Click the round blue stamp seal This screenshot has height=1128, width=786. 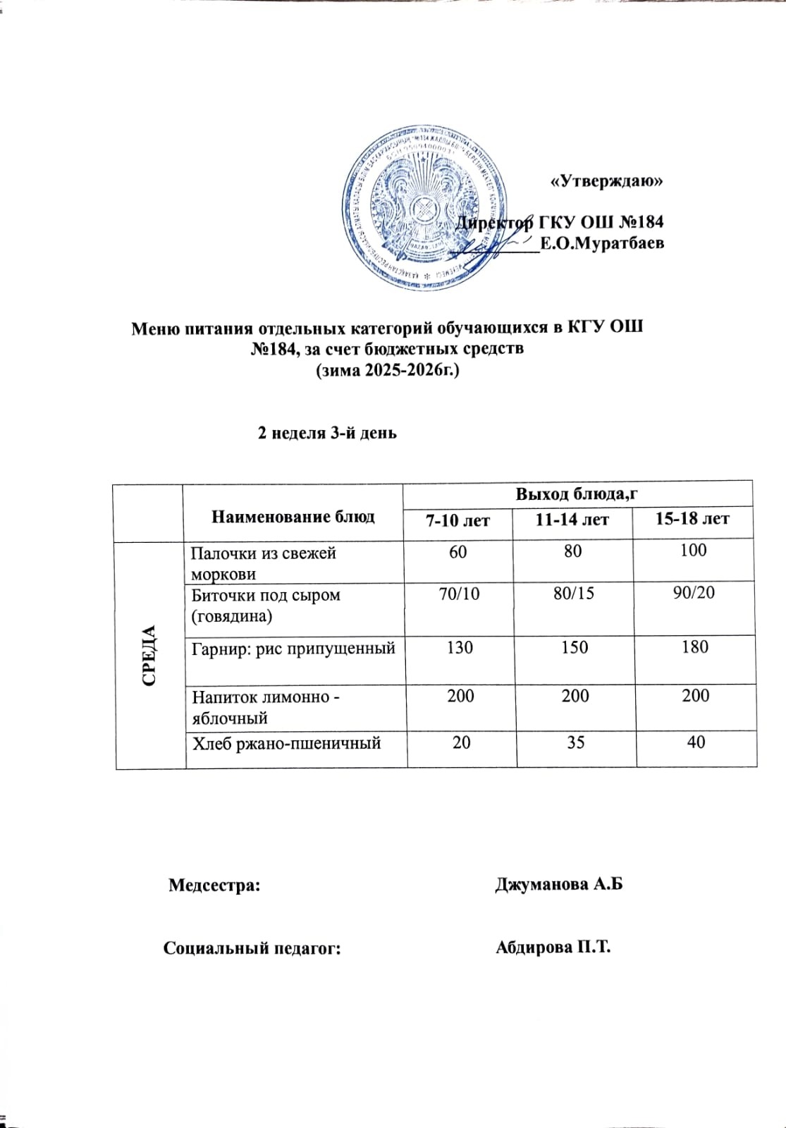tap(426, 209)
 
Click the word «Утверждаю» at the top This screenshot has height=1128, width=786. tap(607, 180)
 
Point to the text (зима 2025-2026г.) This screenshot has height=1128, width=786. tap(387, 369)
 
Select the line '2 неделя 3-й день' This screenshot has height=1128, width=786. tap(327, 432)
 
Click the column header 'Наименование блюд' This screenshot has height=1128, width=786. tap(293, 517)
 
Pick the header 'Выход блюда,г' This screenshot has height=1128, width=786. tap(577, 493)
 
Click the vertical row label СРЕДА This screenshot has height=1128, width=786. tap(149, 655)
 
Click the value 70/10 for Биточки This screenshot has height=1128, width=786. tap(459, 594)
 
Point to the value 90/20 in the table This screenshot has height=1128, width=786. tap(694, 592)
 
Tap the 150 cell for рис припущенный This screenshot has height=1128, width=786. tap(575, 647)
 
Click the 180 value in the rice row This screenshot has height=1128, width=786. tap(695, 646)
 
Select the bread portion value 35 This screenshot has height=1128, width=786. tap(575, 742)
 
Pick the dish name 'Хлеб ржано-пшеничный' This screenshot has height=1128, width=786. tap(287, 742)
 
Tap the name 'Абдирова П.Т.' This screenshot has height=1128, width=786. tap(553, 947)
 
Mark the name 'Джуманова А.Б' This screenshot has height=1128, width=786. tap(560, 884)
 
